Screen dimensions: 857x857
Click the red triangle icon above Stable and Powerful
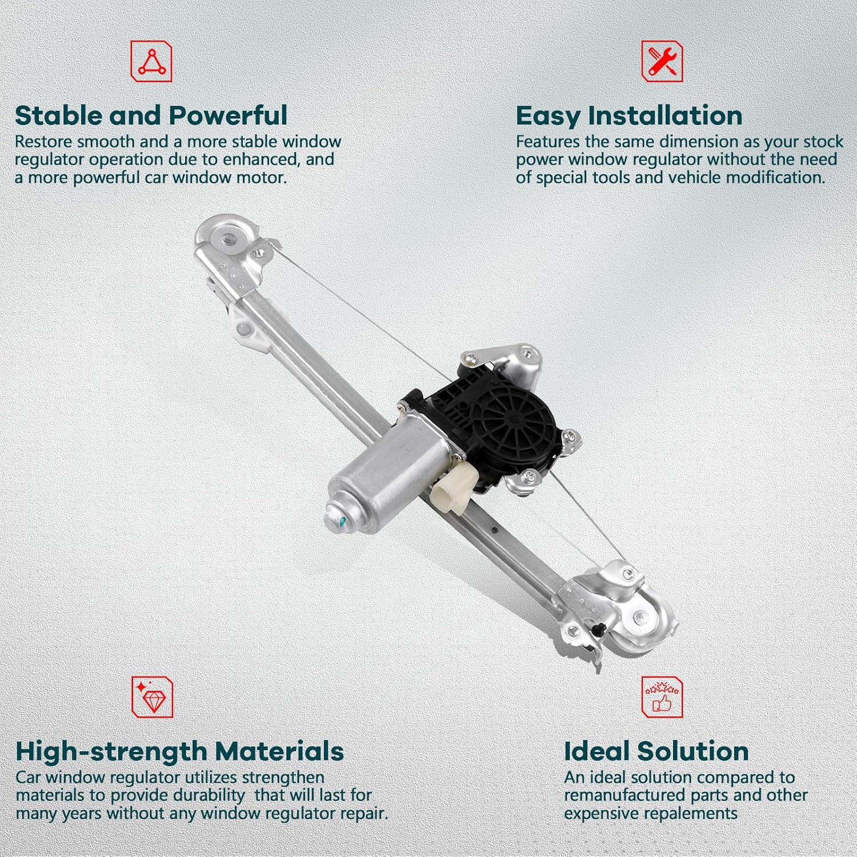pos(151,61)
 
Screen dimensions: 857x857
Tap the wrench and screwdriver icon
pos(662,61)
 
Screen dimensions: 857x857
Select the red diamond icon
pos(153,697)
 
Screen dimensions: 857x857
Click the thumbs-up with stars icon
pos(662,697)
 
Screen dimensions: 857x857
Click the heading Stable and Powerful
pos(151,115)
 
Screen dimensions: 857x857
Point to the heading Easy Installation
pos(629,115)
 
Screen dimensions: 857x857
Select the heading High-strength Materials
pos(179,751)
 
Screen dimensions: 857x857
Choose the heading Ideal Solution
pos(656,751)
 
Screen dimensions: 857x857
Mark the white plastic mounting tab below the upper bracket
pos(247,327)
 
